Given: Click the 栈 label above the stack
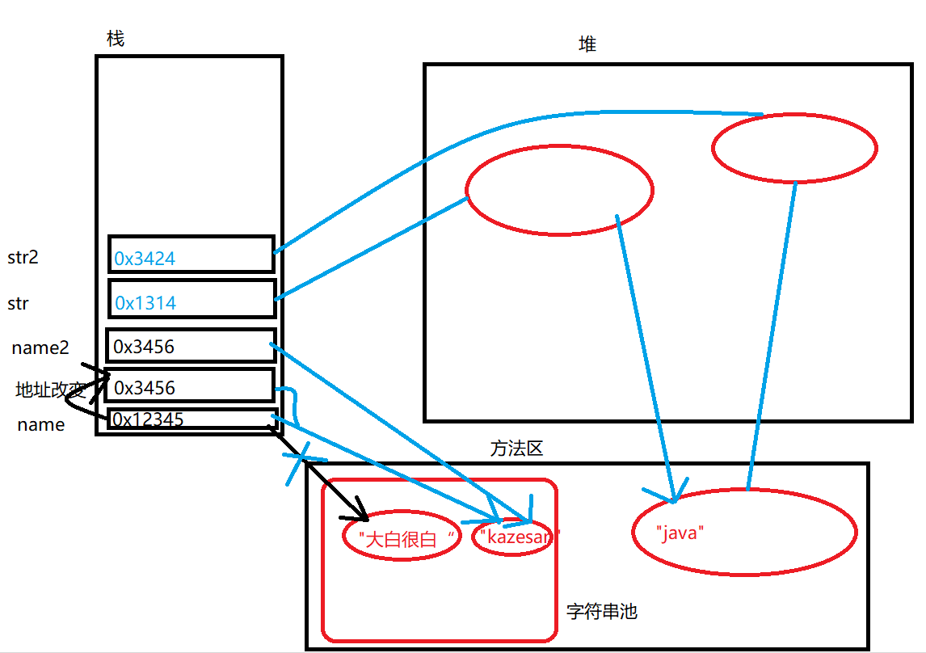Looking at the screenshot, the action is [116, 39].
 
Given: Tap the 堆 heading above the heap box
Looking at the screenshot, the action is [587, 45].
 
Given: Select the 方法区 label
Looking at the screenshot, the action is [516, 449].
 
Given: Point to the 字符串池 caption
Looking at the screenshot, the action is [601, 612].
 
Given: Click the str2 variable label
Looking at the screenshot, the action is [23, 258].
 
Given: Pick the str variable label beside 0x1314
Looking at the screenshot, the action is [19, 303].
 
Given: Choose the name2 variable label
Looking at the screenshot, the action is [40, 348].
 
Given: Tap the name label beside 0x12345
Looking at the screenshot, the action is [40, 425].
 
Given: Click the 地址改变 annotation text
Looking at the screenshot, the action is [50, 390].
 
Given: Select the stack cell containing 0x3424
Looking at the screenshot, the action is [192, 255].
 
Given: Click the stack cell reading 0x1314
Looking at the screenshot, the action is [192, 299].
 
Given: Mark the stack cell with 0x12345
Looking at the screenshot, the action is [192, 419].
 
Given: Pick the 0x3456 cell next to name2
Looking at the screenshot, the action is [192, 346].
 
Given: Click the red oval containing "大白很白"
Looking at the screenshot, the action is [402, 537].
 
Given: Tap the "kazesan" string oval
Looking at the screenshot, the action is [513, 536].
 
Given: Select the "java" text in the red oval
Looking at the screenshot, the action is [681, 533].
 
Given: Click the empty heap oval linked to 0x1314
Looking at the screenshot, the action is [559, 190].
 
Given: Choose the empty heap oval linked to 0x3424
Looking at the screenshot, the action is [794, 148].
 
